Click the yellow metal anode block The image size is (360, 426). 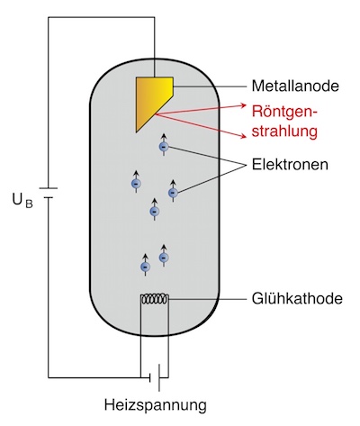click(151, 97)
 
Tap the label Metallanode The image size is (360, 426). click(295, 86)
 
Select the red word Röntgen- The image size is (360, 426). click(284, 112)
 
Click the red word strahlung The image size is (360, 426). click(284, 131)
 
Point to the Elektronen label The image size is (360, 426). click(290, 165)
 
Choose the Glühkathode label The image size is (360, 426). click(297, 299)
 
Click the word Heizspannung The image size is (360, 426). click(156, 405)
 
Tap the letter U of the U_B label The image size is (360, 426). click(17, 199)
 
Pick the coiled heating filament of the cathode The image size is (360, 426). click(155, 299)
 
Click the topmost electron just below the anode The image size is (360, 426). click(164, 147)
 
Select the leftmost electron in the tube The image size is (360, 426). click(136, 184)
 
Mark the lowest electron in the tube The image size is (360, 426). click(146, 267)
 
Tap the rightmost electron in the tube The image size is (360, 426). click(173, 193)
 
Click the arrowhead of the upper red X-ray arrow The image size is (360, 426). click(244, 105)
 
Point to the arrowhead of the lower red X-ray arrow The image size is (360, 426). click(243, 137)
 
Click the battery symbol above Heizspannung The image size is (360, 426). click(155, 377)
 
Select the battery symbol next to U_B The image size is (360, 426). click(48, 193)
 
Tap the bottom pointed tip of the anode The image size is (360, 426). click(136, 132)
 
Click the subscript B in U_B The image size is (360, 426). click(29, 204)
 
